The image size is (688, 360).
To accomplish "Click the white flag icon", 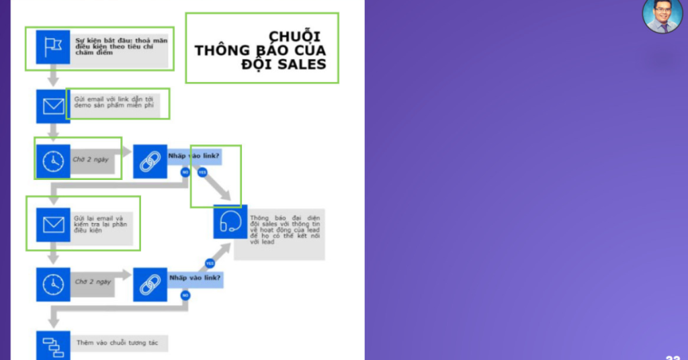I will (x=53, y=46).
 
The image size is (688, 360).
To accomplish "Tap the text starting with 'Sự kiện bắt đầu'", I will (x=121, y=46).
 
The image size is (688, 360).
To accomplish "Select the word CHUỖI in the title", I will (x=294, y=36).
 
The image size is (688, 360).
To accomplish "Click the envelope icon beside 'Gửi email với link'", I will (x=53, y=105).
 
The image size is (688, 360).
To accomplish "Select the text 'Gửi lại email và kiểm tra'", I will (x=101, y=221).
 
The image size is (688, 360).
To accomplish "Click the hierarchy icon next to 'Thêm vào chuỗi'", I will (x=53, y=344).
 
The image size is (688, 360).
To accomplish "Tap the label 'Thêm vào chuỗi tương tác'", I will (x=118, y=343).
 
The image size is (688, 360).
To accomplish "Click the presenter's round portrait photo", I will (x=662, y=15).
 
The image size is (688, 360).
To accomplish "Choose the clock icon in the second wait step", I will (x=53, y=284).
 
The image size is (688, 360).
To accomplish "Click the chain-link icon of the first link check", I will (x=149, y=161).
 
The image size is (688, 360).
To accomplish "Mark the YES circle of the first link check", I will (x=202, y=173).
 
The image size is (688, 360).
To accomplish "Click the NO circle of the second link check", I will (x=185, y=295).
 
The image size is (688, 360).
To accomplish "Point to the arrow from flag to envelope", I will (x=53, y=75).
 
